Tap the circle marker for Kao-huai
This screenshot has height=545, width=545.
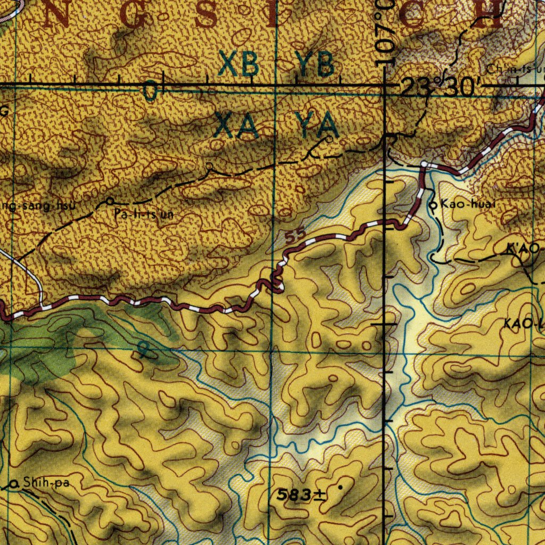(x=433, y=204)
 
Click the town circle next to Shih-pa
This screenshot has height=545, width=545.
(x=14, y=484)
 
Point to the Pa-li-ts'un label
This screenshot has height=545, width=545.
(x=144, y=215)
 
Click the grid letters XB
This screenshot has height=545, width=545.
(x=240, y=65)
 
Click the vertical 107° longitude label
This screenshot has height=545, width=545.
(x=384, y=32)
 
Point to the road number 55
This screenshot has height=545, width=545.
(x=294, y=237)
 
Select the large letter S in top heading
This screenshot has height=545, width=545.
(x=205, y=16)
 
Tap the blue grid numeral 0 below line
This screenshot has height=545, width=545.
(x=151, y=93)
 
